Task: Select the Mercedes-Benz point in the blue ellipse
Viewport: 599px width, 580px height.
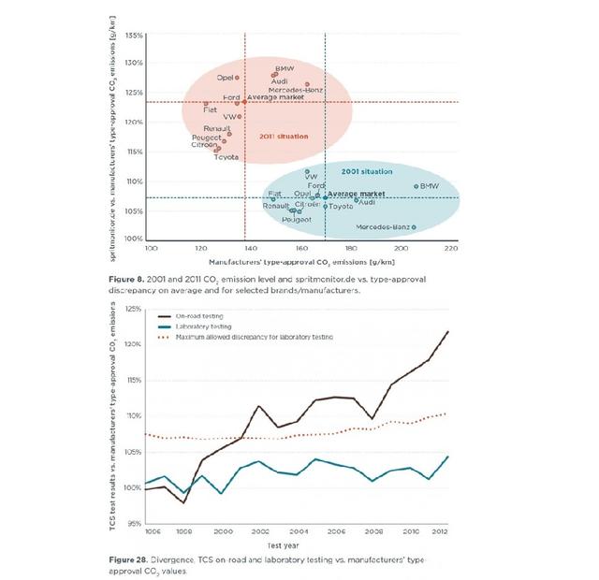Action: pyautogui.click(x=414, y=226)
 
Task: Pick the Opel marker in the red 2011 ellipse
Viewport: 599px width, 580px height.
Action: pyautogui.click(x=237, y=78)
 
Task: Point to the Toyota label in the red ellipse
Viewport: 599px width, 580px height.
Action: pyautogui.click(x=226, y=157)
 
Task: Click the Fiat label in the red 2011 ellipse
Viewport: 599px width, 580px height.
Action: pyautogui.click(x=210, y=109)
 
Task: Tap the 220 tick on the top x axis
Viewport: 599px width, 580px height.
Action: pyautogui.click(x=450, y=249)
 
